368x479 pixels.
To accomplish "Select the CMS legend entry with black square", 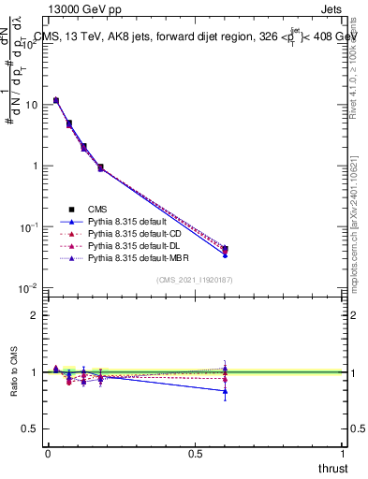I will [98, 209].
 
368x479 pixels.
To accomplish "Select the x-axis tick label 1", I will [343, 453].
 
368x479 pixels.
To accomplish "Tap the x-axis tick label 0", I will [48, 453].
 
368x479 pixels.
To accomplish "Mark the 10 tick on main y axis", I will [29, 105].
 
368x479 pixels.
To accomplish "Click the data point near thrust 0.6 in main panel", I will [225, 250].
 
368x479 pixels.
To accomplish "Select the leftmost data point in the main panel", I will [56, 100].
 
